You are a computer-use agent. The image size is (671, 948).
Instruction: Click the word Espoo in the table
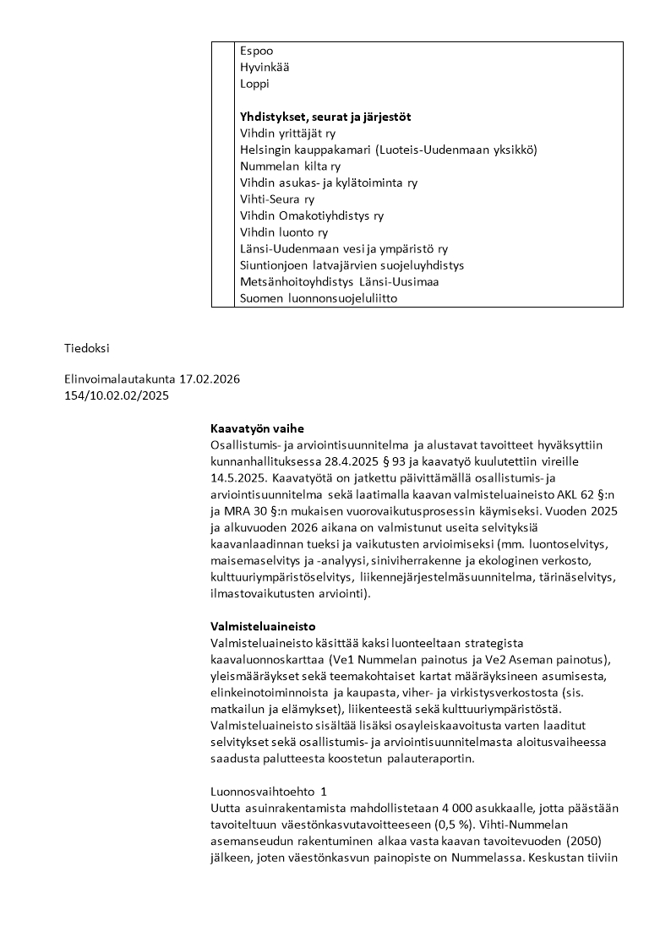(x=256, y=51)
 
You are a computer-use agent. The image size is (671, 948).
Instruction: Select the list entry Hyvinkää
(x=265, y=68)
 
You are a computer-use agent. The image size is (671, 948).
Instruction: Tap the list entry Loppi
(x=254, y=84)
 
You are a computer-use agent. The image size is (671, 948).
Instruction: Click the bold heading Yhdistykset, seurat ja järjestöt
(x=330, y=117)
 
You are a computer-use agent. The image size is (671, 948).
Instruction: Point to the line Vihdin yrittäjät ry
(x=287, y=133)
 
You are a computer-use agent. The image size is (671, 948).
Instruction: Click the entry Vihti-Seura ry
(x=277, y=199)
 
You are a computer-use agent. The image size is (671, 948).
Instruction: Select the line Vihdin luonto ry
(x=284, y=232)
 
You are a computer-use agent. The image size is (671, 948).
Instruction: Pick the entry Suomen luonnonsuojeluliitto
(x=319, y=298)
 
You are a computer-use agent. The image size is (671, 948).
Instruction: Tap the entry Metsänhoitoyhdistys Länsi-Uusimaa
(x=339, y=281)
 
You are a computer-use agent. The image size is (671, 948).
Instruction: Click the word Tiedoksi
(x=87, y=347)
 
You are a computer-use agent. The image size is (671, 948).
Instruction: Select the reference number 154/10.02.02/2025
(x=117, y=395)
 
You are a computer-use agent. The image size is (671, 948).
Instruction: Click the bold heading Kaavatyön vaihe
(x=257, y=428)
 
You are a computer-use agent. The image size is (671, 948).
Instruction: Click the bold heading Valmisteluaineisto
(x=263, y=627)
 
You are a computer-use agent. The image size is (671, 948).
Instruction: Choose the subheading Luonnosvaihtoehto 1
(x=268, y=792)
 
